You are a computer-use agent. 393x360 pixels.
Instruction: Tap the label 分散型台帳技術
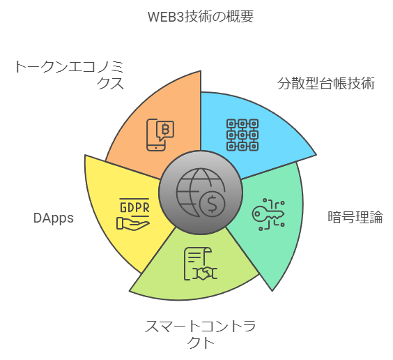tap(326, 84)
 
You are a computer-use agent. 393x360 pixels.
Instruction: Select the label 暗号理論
tap(355, 217)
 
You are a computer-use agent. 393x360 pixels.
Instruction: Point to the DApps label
tap(54, 218)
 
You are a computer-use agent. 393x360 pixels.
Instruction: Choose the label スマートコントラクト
tap(200, 333)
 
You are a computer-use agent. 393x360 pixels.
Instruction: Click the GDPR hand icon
tap(134, 213)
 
